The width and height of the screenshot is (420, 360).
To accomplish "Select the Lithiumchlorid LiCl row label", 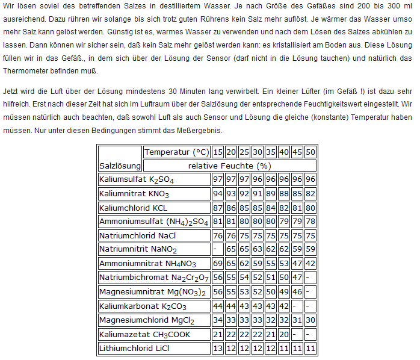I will (x=134, y=348).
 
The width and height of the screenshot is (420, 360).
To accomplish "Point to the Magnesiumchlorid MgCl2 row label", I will (x=146, y=320).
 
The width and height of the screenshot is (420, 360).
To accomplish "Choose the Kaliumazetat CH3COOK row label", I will (x=145, y=334).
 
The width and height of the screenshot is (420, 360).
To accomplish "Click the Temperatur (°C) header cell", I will (x=176, y=152).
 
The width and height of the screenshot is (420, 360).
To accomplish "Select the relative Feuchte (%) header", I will (x=229, y=165).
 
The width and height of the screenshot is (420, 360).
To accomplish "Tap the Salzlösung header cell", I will (x=120, y=165).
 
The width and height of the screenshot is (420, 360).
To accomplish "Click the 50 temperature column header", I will (x=310, y=152).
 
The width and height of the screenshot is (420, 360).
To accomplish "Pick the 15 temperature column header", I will (x=218, y=152).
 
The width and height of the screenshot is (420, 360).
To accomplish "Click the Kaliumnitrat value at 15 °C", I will (x=218, y=193).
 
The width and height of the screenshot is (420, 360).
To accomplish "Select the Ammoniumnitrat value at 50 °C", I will (x=310, y=264).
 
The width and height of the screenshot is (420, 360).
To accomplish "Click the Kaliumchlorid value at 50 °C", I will (x=310, y=208).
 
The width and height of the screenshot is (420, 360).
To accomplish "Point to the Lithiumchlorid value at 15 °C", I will (x=218, y=348).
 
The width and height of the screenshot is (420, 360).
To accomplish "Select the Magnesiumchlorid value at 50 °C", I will (x=310, y=320).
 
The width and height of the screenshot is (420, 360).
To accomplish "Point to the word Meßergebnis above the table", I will (x=201, y=129).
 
